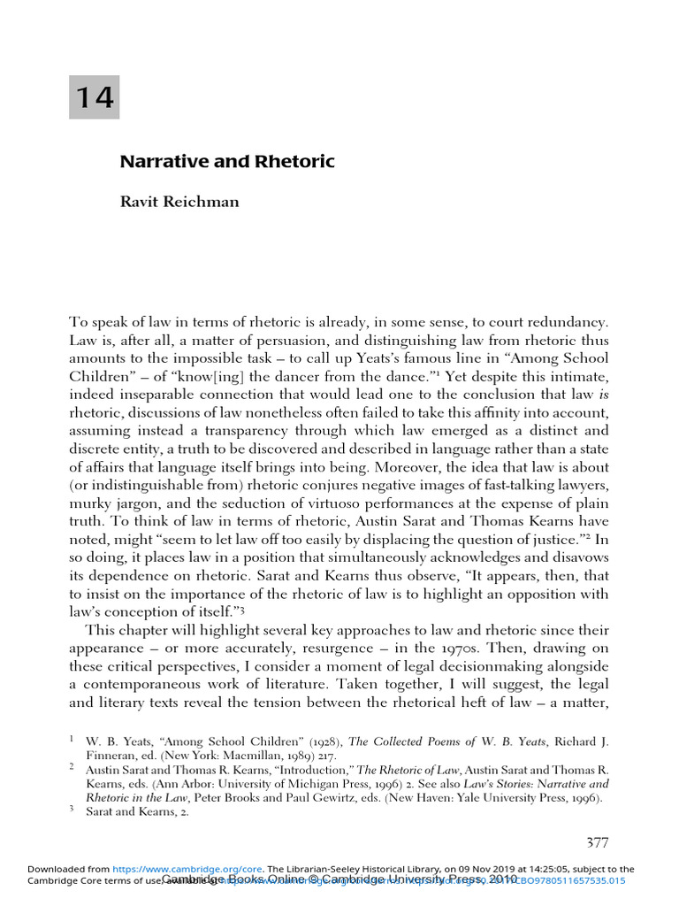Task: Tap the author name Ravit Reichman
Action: point(179,201)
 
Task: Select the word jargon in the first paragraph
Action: point(137,512)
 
